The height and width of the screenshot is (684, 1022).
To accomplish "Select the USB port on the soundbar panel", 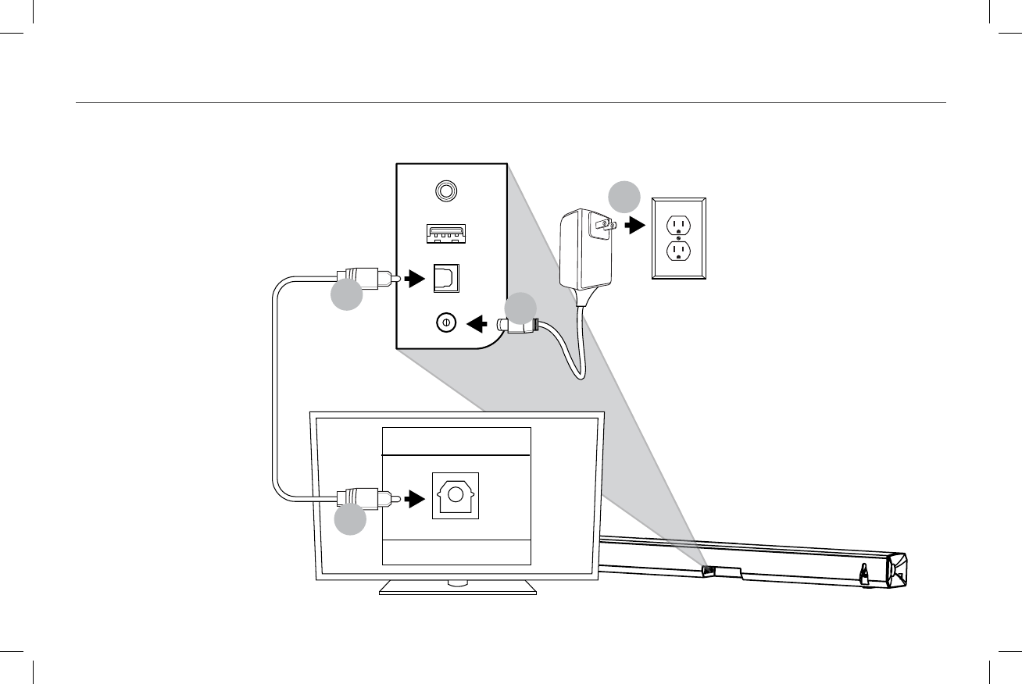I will click(446, 233).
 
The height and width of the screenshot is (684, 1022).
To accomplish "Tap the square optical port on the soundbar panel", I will click(447, 277).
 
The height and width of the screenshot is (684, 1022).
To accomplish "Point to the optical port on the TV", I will click(456, 496).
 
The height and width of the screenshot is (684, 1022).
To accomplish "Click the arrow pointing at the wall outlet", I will click(635, 226).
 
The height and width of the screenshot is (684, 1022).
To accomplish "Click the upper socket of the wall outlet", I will click(678, 224).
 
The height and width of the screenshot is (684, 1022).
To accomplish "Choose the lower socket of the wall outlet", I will click(678, 250).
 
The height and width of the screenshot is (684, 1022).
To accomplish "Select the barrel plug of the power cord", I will click(518, 326).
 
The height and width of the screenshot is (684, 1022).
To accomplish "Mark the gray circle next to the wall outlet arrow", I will click(624, 197).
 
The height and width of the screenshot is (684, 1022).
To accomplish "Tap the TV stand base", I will click(458, 588).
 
